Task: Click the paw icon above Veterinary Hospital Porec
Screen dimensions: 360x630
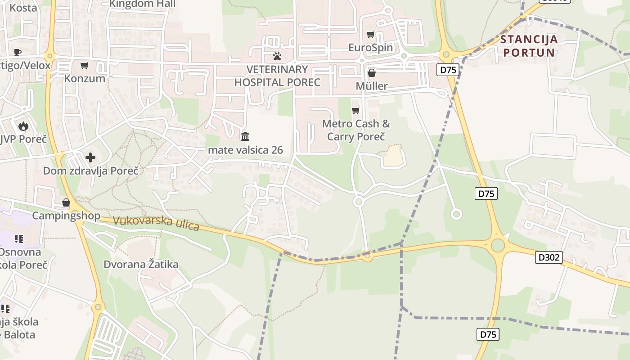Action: point(277,56)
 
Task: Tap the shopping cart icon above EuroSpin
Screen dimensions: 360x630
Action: point(371,34)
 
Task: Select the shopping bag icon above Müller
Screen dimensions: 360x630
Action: point(372,72)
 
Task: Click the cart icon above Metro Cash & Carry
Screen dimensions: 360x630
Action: point(356,110)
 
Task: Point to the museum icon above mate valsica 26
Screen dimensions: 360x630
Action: point(245,136)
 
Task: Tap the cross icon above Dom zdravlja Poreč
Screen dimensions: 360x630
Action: point(90,157)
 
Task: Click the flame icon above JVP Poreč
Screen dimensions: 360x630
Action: point(23,126)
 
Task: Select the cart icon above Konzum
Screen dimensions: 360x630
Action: point(85,66)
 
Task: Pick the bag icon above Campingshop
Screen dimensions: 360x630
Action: point(66,202)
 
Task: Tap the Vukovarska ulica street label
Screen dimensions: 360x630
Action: point(156,223)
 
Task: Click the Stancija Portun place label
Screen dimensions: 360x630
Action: point(529,46)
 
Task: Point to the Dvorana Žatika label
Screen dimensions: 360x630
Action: point(141,264)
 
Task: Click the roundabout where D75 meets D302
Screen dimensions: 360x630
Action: point(498,246)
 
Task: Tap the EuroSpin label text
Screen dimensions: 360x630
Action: point(371,47)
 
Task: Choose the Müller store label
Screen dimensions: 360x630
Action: point(372,86)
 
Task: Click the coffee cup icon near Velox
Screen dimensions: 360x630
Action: point(18,52)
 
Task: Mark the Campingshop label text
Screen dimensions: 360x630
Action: point(66,216)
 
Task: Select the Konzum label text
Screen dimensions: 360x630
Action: point(85,78)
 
